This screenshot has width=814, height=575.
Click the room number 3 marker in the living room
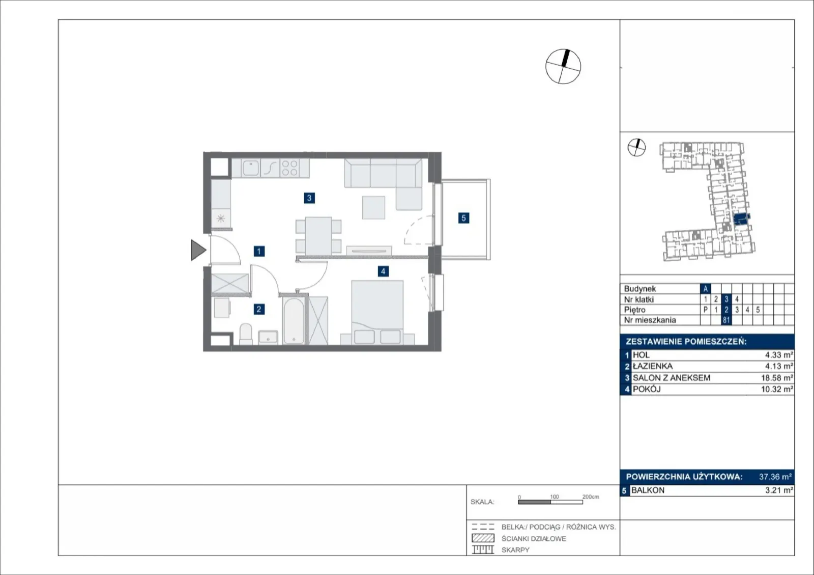[309, 198]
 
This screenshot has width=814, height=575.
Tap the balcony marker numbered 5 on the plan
[463, 218]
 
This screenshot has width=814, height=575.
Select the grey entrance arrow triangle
[198, 250]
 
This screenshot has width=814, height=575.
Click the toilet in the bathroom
[246, 334]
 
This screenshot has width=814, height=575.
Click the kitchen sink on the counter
[251, 168]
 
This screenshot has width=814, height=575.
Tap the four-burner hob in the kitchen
[289, 168]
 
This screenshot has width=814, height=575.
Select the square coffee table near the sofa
[373, 208]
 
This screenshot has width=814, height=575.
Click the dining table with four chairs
[318, 236]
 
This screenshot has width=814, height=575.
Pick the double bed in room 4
[377, 312]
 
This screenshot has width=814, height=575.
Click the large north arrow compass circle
[563, 67]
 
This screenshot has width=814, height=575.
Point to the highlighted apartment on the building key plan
[742, 220]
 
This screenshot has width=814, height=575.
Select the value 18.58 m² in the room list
[777, 378]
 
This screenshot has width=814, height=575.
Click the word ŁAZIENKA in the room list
[653, 366]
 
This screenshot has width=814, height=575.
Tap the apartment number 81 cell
[726, 320]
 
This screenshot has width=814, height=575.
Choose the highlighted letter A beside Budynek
[705, 289]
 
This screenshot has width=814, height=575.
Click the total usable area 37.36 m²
[775, 477]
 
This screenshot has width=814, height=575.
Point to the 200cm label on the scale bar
[591, 497]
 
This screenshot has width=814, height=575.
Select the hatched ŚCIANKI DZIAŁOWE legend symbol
[483, 538]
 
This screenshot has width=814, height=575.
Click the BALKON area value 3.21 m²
[779, 490]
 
